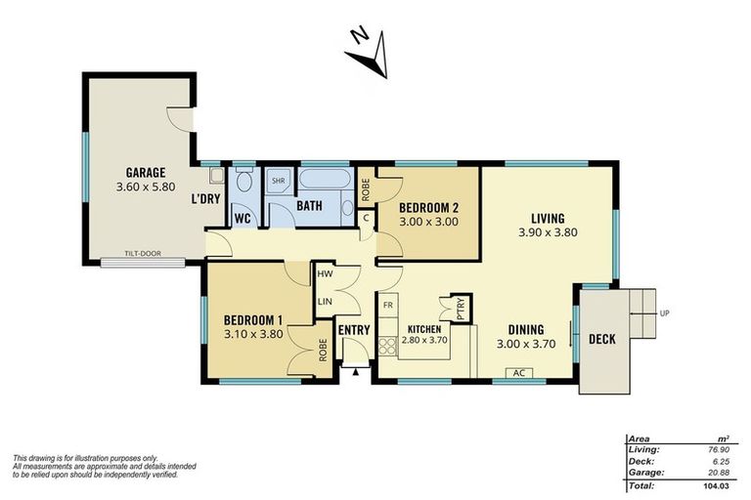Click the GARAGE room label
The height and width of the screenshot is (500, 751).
pyautogui.click(x=144, y=172)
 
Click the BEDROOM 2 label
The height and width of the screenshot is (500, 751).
pyautogui.click(x=428, y=207)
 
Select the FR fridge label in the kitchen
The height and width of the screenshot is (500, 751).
pyautogui.click(x=388, y=306)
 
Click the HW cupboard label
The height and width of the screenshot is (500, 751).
pyautogui.click(x=325, y=276)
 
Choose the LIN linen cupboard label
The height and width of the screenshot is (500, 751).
pyautogui.click(x=325, y=301)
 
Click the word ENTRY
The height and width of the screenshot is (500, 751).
pyautogui.click(x=353, y=330)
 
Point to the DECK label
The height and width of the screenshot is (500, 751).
pyautogui.click(x=601, y=340)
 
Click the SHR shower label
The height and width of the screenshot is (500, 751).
pyautogui.click(x=278, y=182)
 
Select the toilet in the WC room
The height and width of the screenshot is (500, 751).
pyautogui.click(x=243, y=183)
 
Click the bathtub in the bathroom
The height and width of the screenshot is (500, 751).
pyautogui.click(x=324, y=182)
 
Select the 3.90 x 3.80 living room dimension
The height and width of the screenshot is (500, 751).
pyautogui.click(x=548, y=233)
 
